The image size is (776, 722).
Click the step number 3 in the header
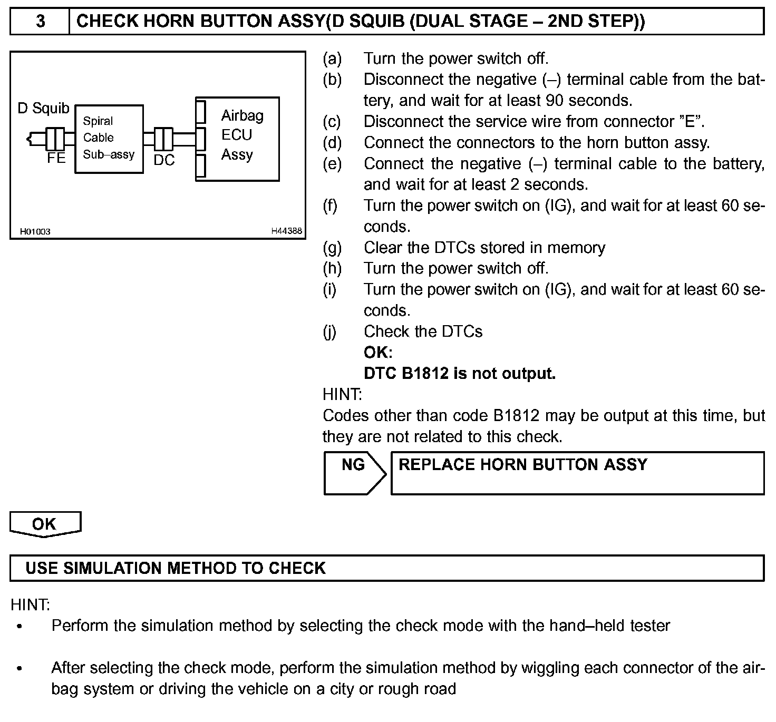point(40,22)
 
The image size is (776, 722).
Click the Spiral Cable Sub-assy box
point(109,139)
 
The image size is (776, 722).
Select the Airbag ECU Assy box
point(237,139)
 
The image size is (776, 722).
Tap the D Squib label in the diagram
point(43,109)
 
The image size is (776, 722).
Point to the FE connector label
point(56,158)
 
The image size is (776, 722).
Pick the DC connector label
point(164,160)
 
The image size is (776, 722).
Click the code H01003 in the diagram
point(35,231)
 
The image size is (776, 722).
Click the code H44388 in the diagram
point(287,231)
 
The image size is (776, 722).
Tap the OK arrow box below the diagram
point(44,524)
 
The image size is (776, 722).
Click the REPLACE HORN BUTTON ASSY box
point(577,472)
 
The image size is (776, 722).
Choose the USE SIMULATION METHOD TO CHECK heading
point(176,568)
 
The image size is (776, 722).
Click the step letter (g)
point(332,248)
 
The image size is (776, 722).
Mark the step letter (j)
point(330,331)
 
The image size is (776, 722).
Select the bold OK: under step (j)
point(378,353)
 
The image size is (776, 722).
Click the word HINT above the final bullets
point(30,604)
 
